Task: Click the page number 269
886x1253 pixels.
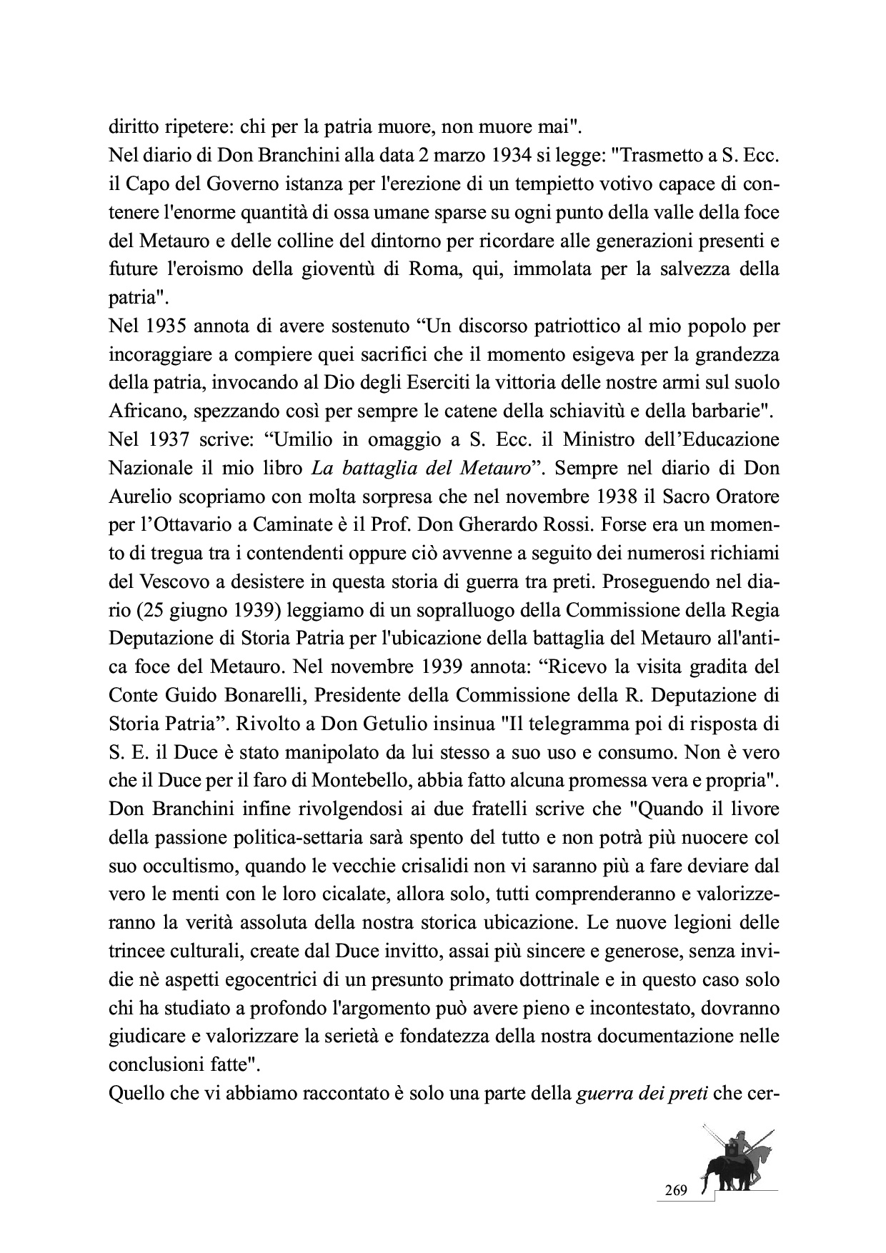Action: pos(675,1191)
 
